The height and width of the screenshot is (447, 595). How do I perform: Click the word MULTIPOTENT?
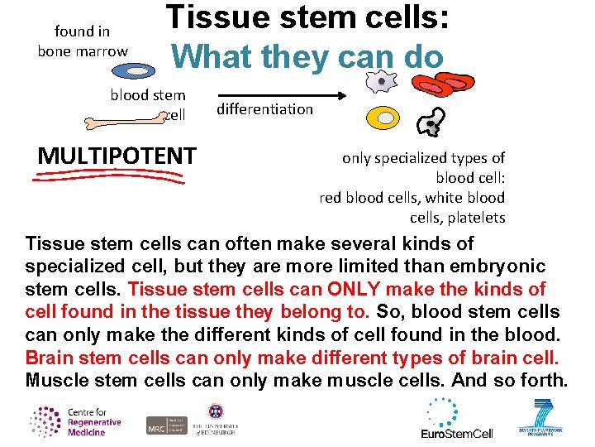click(117, 156)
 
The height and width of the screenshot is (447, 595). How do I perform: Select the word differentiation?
click(264, 109)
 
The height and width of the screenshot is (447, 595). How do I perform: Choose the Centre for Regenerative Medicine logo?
click(75, 421)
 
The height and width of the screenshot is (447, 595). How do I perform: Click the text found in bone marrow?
click(83, 41)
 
